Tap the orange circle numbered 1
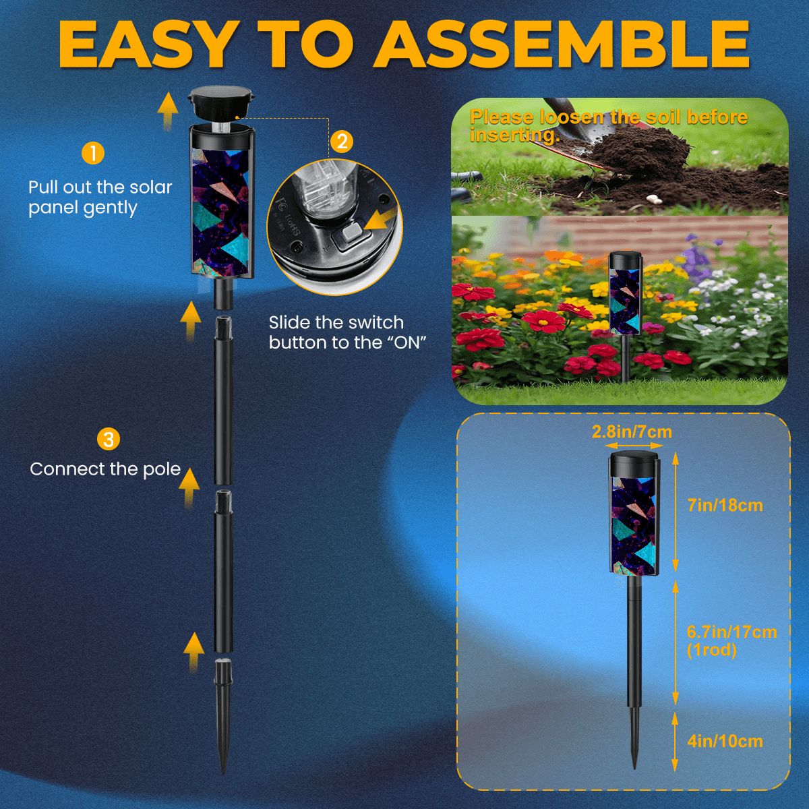(92, 153)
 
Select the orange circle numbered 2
(342, 142)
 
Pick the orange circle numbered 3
(108, 440)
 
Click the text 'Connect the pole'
(105, 469)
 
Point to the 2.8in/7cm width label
(632, 431)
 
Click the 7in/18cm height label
(725, 504)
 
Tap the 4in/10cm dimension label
(725, 742)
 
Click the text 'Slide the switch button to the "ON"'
(349, 332)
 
